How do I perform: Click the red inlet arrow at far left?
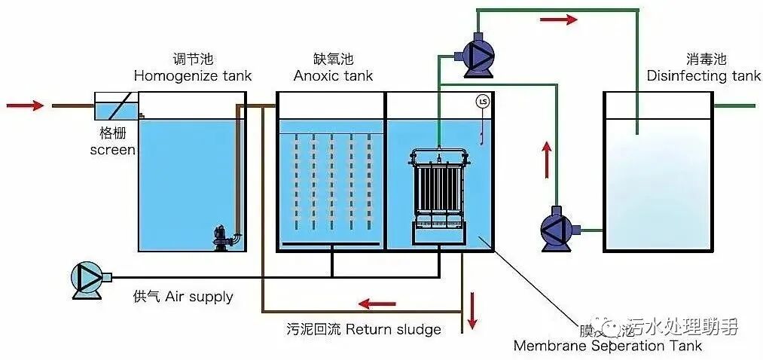coord(25,105)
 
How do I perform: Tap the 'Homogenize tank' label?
coord(193,76)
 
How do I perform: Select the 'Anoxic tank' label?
coord(333,76)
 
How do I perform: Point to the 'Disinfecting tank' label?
coord(703,76)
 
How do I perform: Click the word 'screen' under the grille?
coord(112,150)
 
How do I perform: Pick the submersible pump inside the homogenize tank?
coord(224,234)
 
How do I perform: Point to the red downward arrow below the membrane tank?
coord(472,310)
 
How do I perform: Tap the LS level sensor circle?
coord(483,101)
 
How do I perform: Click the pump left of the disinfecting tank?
coord(560,227)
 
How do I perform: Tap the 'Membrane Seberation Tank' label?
coord(607,346)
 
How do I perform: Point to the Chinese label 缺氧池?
coord(333,59)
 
